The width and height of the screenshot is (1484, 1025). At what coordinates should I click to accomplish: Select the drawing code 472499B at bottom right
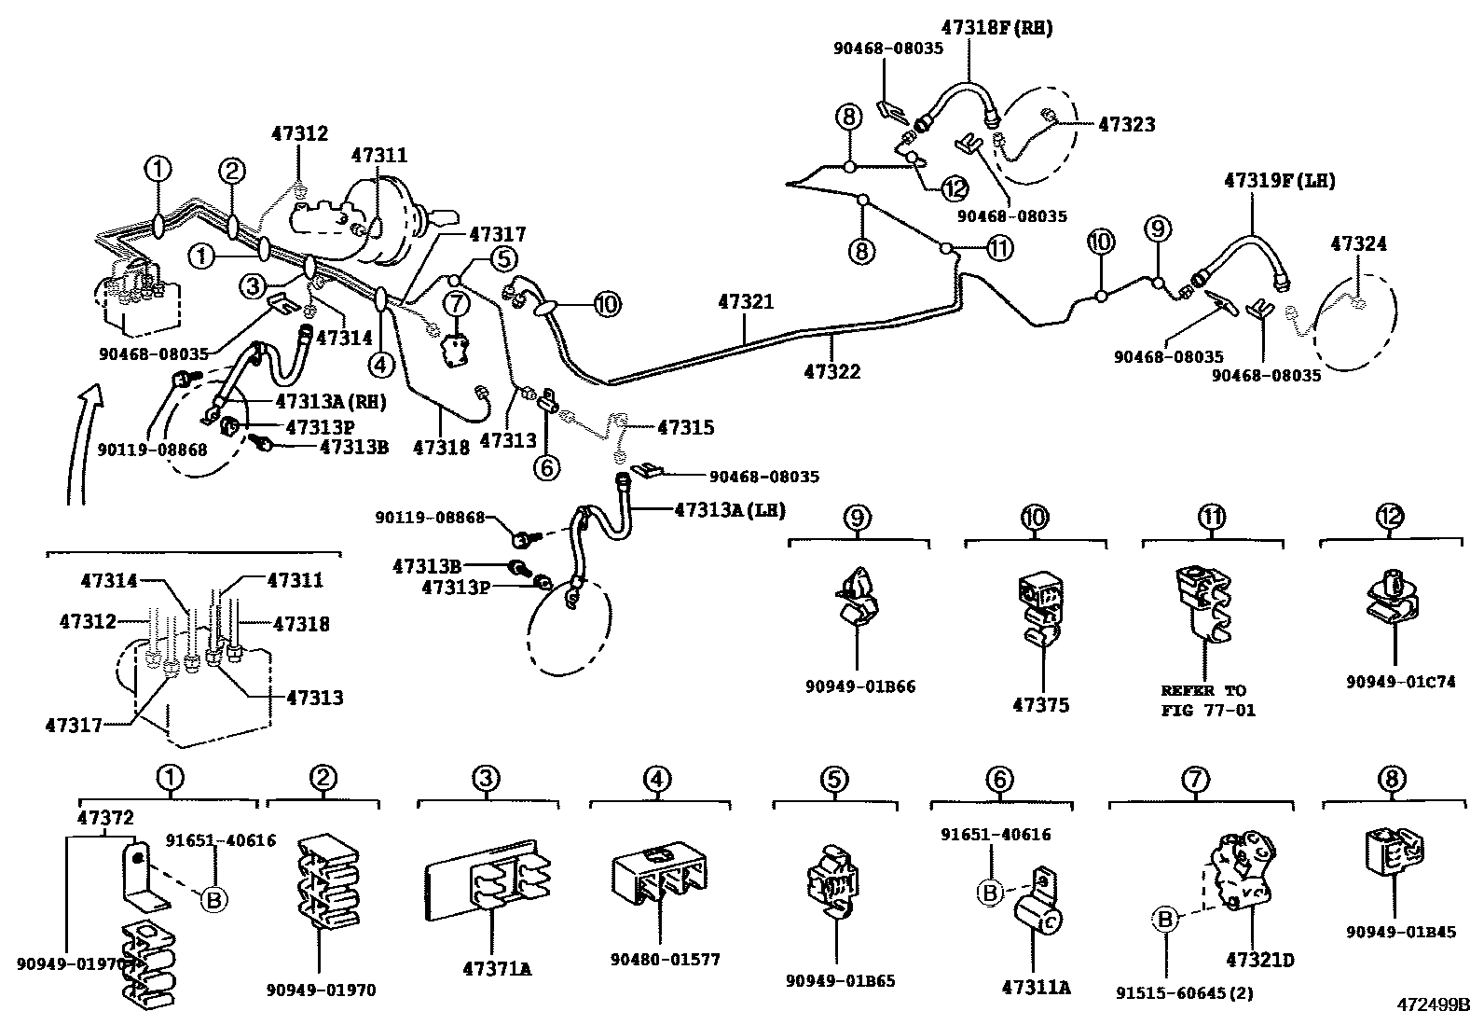coord(1432,1005)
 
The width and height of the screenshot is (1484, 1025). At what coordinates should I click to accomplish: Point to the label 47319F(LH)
coord(1279,181)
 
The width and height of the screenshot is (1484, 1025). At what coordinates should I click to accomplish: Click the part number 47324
coord(1358,243)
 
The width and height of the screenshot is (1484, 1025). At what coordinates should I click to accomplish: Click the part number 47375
coord(1041,705)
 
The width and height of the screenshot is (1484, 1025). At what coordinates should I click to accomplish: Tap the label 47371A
coord(497,969)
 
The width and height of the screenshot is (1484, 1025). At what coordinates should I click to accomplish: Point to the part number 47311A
coord(1036,986)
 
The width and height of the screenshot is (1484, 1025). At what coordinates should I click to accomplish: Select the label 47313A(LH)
coord(730,510)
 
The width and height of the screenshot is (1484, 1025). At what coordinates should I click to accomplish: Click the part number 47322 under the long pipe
coord(831,371)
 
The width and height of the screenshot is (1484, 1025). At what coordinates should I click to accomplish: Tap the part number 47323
coord(1126,124)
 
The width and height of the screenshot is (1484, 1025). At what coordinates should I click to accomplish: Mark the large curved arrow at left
coord(81,438)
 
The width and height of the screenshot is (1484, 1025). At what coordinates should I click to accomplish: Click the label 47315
coord(685,427)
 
